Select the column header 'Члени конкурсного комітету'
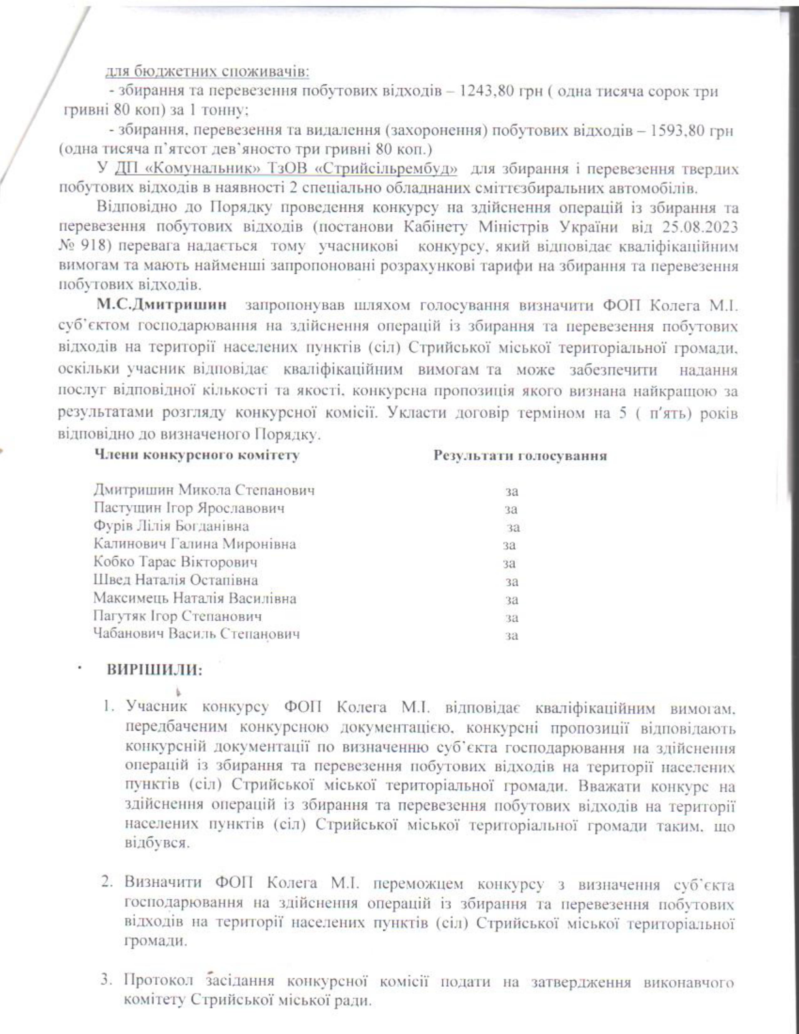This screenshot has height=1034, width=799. tap(197, 456)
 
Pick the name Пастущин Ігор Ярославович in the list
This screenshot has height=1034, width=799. tap(189, 509)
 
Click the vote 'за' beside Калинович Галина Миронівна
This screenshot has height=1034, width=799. tap(509, 546)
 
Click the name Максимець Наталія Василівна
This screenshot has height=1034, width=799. tap(195, 598)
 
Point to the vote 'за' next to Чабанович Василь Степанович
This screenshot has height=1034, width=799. tap(512, 636)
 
